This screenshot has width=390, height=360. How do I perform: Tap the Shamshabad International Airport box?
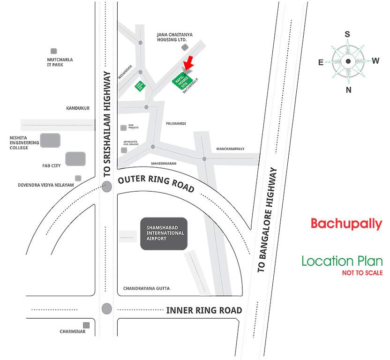(164, 233)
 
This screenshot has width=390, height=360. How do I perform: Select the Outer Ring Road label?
(156, 183)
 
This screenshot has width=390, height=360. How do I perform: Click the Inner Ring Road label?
(204, 310)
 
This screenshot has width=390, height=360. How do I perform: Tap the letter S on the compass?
(347, 34)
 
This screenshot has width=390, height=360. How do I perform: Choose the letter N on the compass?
(348, 90)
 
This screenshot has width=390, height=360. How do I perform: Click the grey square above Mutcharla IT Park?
(54, 51)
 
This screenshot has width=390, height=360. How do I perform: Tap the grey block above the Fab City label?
(75, 159)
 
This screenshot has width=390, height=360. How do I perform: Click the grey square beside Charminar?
(86, 325)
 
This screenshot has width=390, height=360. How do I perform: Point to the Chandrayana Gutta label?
(146, 288)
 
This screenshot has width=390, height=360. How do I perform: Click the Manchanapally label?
(230, 149)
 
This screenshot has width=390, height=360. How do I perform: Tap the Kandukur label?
(77, 108)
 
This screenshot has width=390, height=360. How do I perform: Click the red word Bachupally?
(346, 224)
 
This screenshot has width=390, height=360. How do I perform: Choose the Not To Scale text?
(362, 273)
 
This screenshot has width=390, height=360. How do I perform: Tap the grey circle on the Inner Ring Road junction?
(107, 309)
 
